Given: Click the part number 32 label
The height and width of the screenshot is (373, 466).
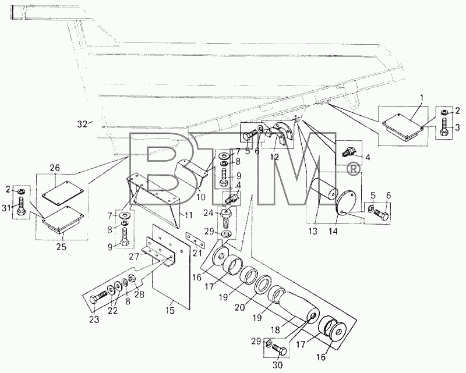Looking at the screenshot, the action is point(82,124).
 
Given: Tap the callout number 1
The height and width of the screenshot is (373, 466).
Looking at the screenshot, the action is point(422,98).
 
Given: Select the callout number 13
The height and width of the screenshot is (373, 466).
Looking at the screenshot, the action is point(313,231).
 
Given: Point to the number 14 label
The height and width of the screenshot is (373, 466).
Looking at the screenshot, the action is point(333,231).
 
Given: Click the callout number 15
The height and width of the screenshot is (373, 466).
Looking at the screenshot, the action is point(170,310).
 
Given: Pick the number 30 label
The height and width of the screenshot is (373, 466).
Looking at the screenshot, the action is point(277,365).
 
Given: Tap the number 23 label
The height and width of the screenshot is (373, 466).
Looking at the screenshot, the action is point(94,319).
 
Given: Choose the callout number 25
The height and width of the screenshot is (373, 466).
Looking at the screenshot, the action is point(62,246).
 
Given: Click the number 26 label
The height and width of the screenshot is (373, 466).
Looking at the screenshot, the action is point(55,168).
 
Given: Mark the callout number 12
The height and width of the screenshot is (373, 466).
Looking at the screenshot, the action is point(274,157).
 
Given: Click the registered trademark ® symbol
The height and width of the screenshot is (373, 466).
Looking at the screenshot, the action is point(353,169).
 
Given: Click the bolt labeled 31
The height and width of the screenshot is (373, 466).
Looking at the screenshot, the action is point(21,206).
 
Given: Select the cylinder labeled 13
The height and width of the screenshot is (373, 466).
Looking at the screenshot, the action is point(323,191).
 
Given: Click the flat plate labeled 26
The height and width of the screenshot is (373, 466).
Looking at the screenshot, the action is point(63,193).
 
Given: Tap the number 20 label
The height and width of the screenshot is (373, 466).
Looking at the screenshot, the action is point(239,307).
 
